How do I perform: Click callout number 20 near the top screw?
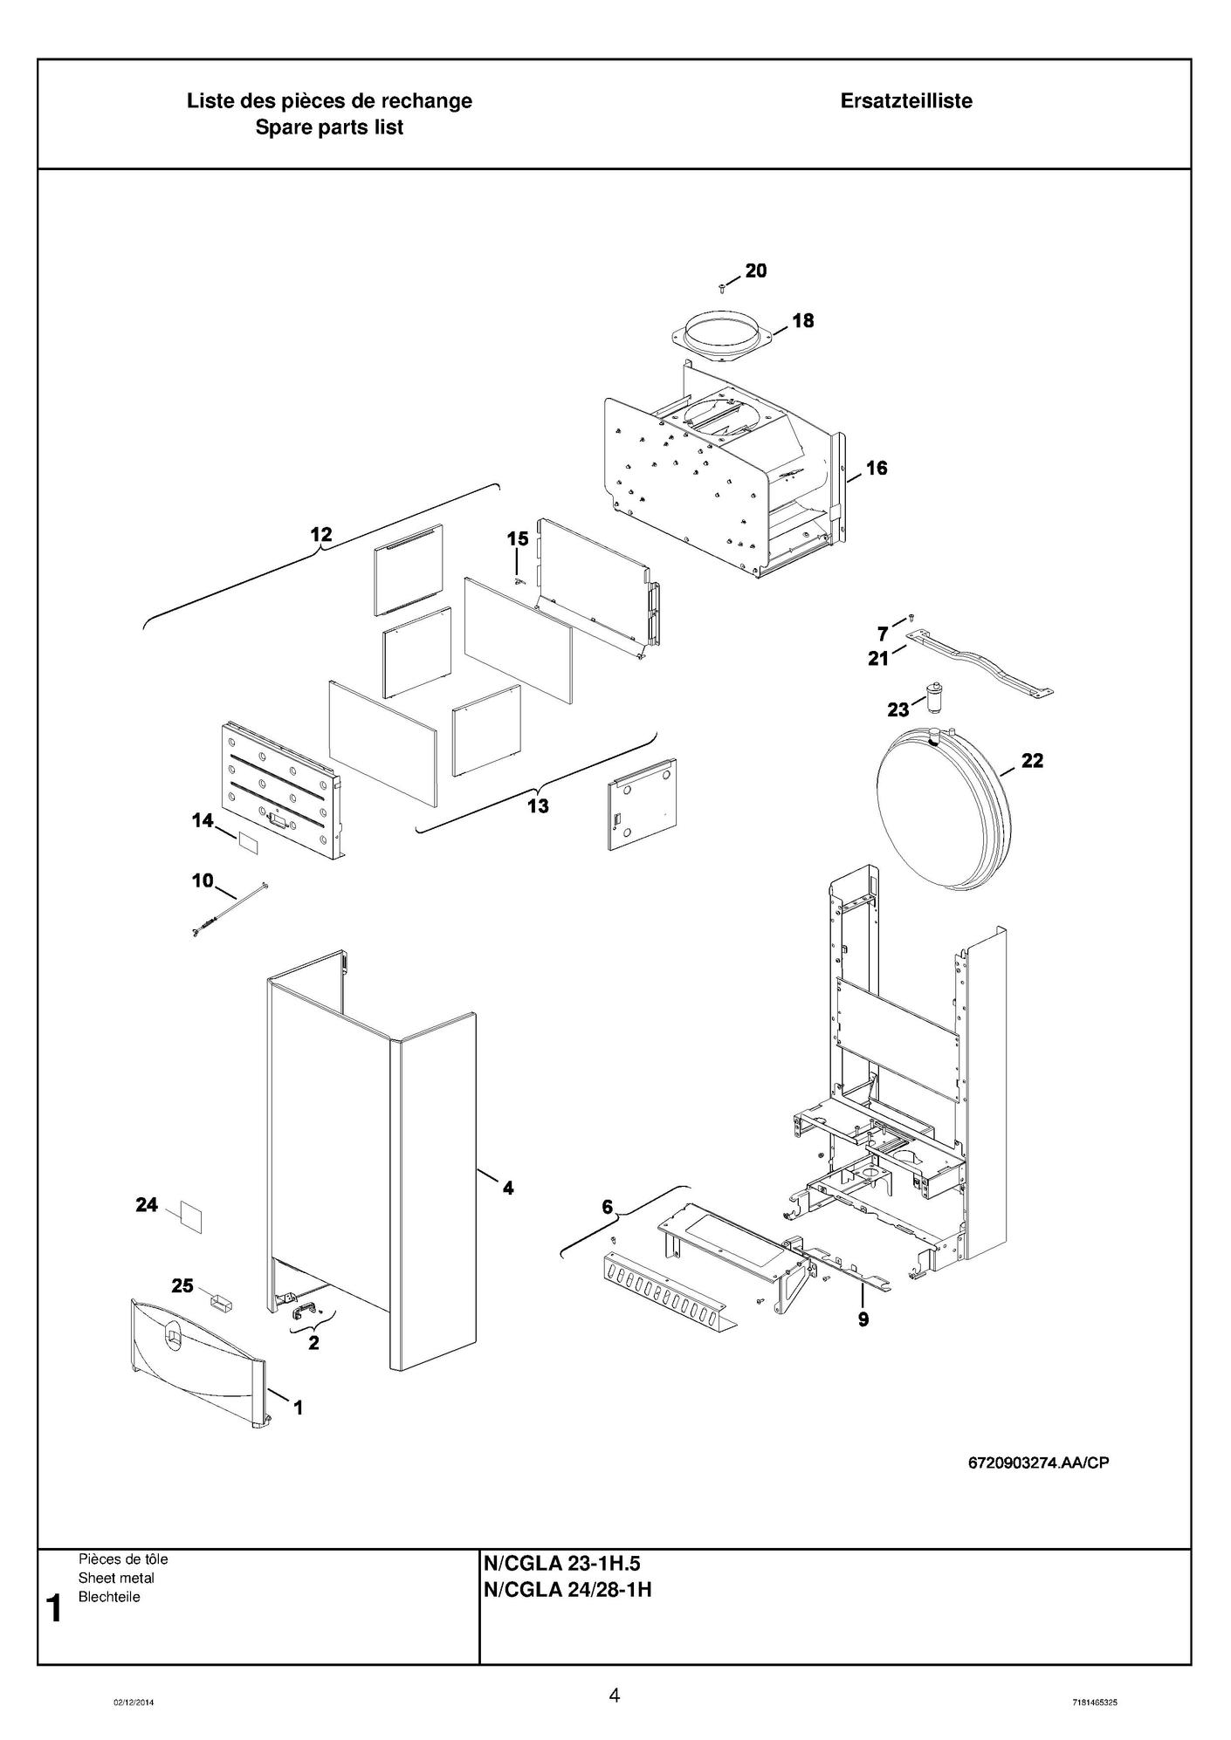pos(756,271)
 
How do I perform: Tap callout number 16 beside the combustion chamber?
pos(877,468)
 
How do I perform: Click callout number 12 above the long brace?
pos(321,534)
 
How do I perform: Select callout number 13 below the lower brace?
pos(538,805)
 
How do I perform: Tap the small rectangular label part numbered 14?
pos(249,843)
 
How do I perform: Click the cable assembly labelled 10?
pos(227,910)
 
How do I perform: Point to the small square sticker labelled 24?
pos(190,1216)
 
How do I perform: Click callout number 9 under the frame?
pos(863,1319)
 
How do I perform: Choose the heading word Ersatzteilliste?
pos(906,101)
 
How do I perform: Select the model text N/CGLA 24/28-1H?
pos(567,1590)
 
